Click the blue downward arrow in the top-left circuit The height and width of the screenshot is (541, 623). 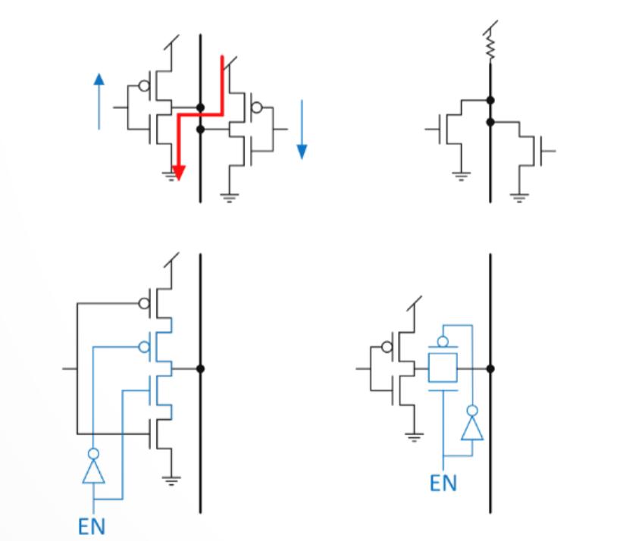click(x=302, y=129)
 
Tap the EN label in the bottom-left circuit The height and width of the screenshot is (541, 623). click(x=92, y=525)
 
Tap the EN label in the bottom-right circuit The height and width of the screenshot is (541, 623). click(x=443, y=482)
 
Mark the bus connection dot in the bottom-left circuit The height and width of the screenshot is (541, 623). click(x=200, y=369)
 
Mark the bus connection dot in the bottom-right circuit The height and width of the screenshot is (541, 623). click(x=490, y=369)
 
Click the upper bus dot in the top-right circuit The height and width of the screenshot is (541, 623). click(x=490, y=99)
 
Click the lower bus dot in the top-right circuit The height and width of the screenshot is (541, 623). click(x=490, y=121)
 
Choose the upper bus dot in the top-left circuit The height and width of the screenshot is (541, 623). click(x=200, y=108)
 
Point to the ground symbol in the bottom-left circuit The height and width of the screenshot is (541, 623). click(x=171, y=480)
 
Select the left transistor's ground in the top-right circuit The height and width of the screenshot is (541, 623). click(x=459, y=176)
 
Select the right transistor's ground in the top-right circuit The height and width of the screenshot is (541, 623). click(x=519, y=198)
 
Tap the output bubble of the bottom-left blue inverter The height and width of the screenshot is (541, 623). click(x=92, y=453)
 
